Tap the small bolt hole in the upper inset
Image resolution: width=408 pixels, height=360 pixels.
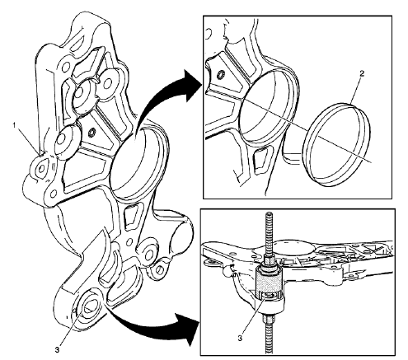(x=221, y=76)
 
